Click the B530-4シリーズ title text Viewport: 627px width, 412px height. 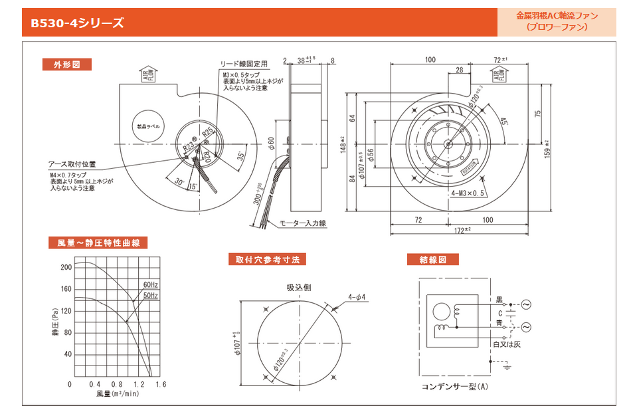(x=77, y=23)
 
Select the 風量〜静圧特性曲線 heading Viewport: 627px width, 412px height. (x=98, y=243)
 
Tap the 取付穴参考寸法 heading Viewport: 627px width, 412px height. (x=267, y=259)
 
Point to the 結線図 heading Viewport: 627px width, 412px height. (x=430, y=259)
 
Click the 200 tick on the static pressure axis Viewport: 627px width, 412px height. (x=66, y=268)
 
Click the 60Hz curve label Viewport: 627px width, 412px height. (x=151, y=285)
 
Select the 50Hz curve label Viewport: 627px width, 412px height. (x=151, y=295)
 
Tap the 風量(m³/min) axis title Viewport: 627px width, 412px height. (x=117, y=394)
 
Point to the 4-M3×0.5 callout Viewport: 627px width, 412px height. (x=468, y=193)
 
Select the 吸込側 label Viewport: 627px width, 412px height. (x=299, y=288)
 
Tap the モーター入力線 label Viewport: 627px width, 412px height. (x=302, y=223)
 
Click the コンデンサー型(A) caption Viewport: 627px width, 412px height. (x=454, y=386)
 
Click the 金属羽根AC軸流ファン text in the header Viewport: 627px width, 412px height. (x=557, y=15)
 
